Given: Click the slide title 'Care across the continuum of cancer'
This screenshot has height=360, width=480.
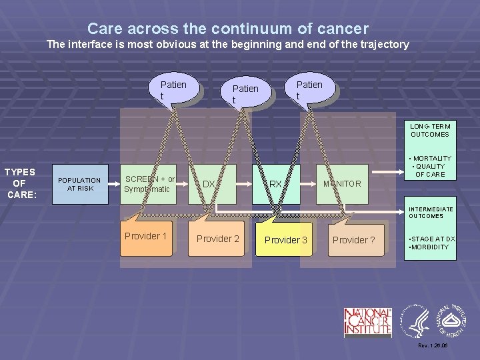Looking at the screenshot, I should coord(227,29).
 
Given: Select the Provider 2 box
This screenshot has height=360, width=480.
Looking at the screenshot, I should coord(218,239).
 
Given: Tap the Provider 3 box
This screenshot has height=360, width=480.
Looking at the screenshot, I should coord(286,239).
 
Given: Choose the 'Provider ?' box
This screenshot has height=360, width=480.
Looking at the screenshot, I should coord(354,240).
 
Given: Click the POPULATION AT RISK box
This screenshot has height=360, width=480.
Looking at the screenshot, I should coord(79,184).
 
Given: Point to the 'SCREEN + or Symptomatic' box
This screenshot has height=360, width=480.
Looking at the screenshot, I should coord(149,184).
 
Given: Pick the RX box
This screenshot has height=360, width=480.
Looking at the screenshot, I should coord(275,184).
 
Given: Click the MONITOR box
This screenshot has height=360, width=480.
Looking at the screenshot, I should coord(342,184).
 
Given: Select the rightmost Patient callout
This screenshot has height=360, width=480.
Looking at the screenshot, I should coord(309,90).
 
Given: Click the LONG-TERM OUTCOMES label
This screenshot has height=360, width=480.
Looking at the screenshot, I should coord(430,130).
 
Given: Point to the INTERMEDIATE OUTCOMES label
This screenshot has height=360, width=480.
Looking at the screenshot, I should coord(431,213).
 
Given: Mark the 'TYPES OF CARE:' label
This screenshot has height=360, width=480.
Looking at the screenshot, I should coord(19,183).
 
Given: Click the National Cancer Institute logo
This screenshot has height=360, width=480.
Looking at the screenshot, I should coord(367,323).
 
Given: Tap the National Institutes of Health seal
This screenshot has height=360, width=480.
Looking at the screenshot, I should coord(453,321).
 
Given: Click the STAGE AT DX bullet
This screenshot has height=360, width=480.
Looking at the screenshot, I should coord(431,239).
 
